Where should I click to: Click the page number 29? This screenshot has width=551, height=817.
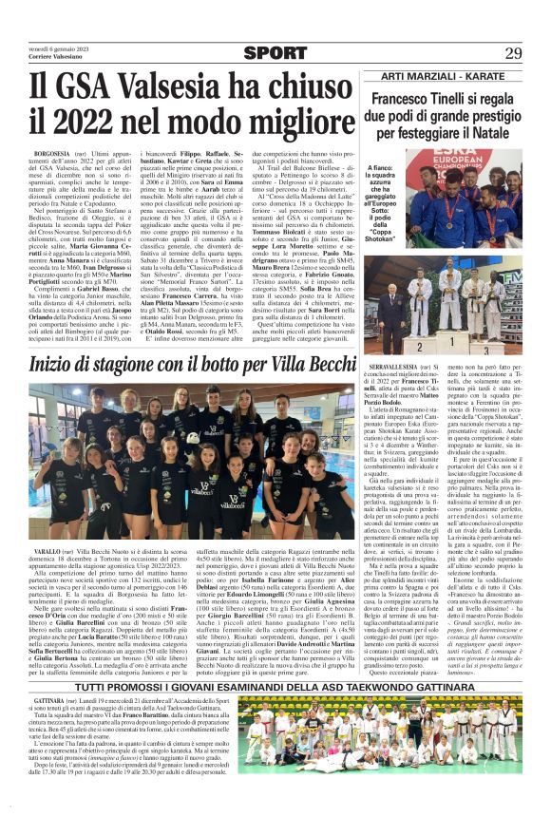[x=513, y=52]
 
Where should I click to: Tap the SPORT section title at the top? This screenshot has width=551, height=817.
[x=275, y=52]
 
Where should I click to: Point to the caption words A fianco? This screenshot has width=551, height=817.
[x=382, y=167]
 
